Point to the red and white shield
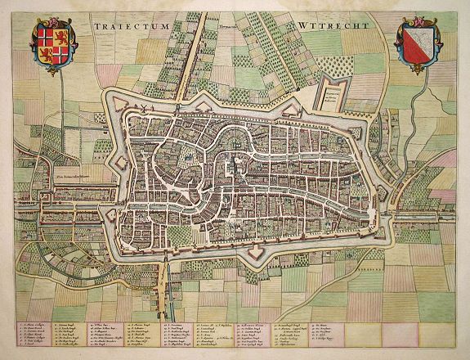coord(419,46)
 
